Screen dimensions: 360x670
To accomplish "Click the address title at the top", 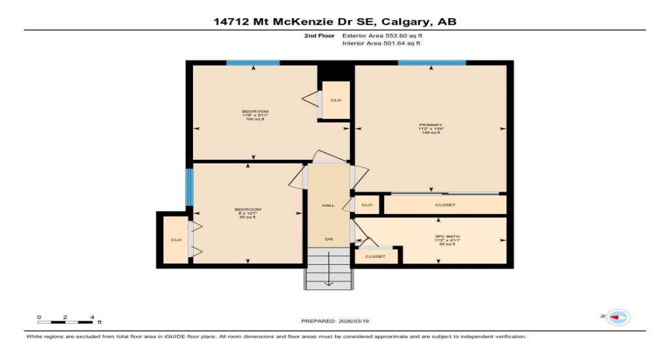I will [334, 22].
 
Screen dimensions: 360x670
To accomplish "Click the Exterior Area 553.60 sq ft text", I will [381, 35].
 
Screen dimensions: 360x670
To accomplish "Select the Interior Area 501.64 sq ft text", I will [381, 43].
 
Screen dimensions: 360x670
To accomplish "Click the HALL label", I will [329, 205].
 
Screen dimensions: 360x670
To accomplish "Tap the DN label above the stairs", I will [329, 239].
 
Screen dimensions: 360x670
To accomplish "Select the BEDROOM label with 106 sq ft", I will [251, 115].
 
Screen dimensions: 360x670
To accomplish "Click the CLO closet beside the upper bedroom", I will [336, 100].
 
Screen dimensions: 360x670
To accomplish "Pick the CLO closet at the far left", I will [175, 240].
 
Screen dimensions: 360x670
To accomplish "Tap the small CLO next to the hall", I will [367, 205].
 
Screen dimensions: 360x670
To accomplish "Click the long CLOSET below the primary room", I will [445, 205].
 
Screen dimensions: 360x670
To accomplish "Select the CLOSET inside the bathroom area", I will [375, 256].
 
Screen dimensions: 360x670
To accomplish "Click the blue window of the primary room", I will [432, 63].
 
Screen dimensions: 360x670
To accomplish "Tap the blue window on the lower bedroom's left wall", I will [189, 186].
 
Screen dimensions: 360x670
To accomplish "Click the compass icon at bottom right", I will [619, 317].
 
